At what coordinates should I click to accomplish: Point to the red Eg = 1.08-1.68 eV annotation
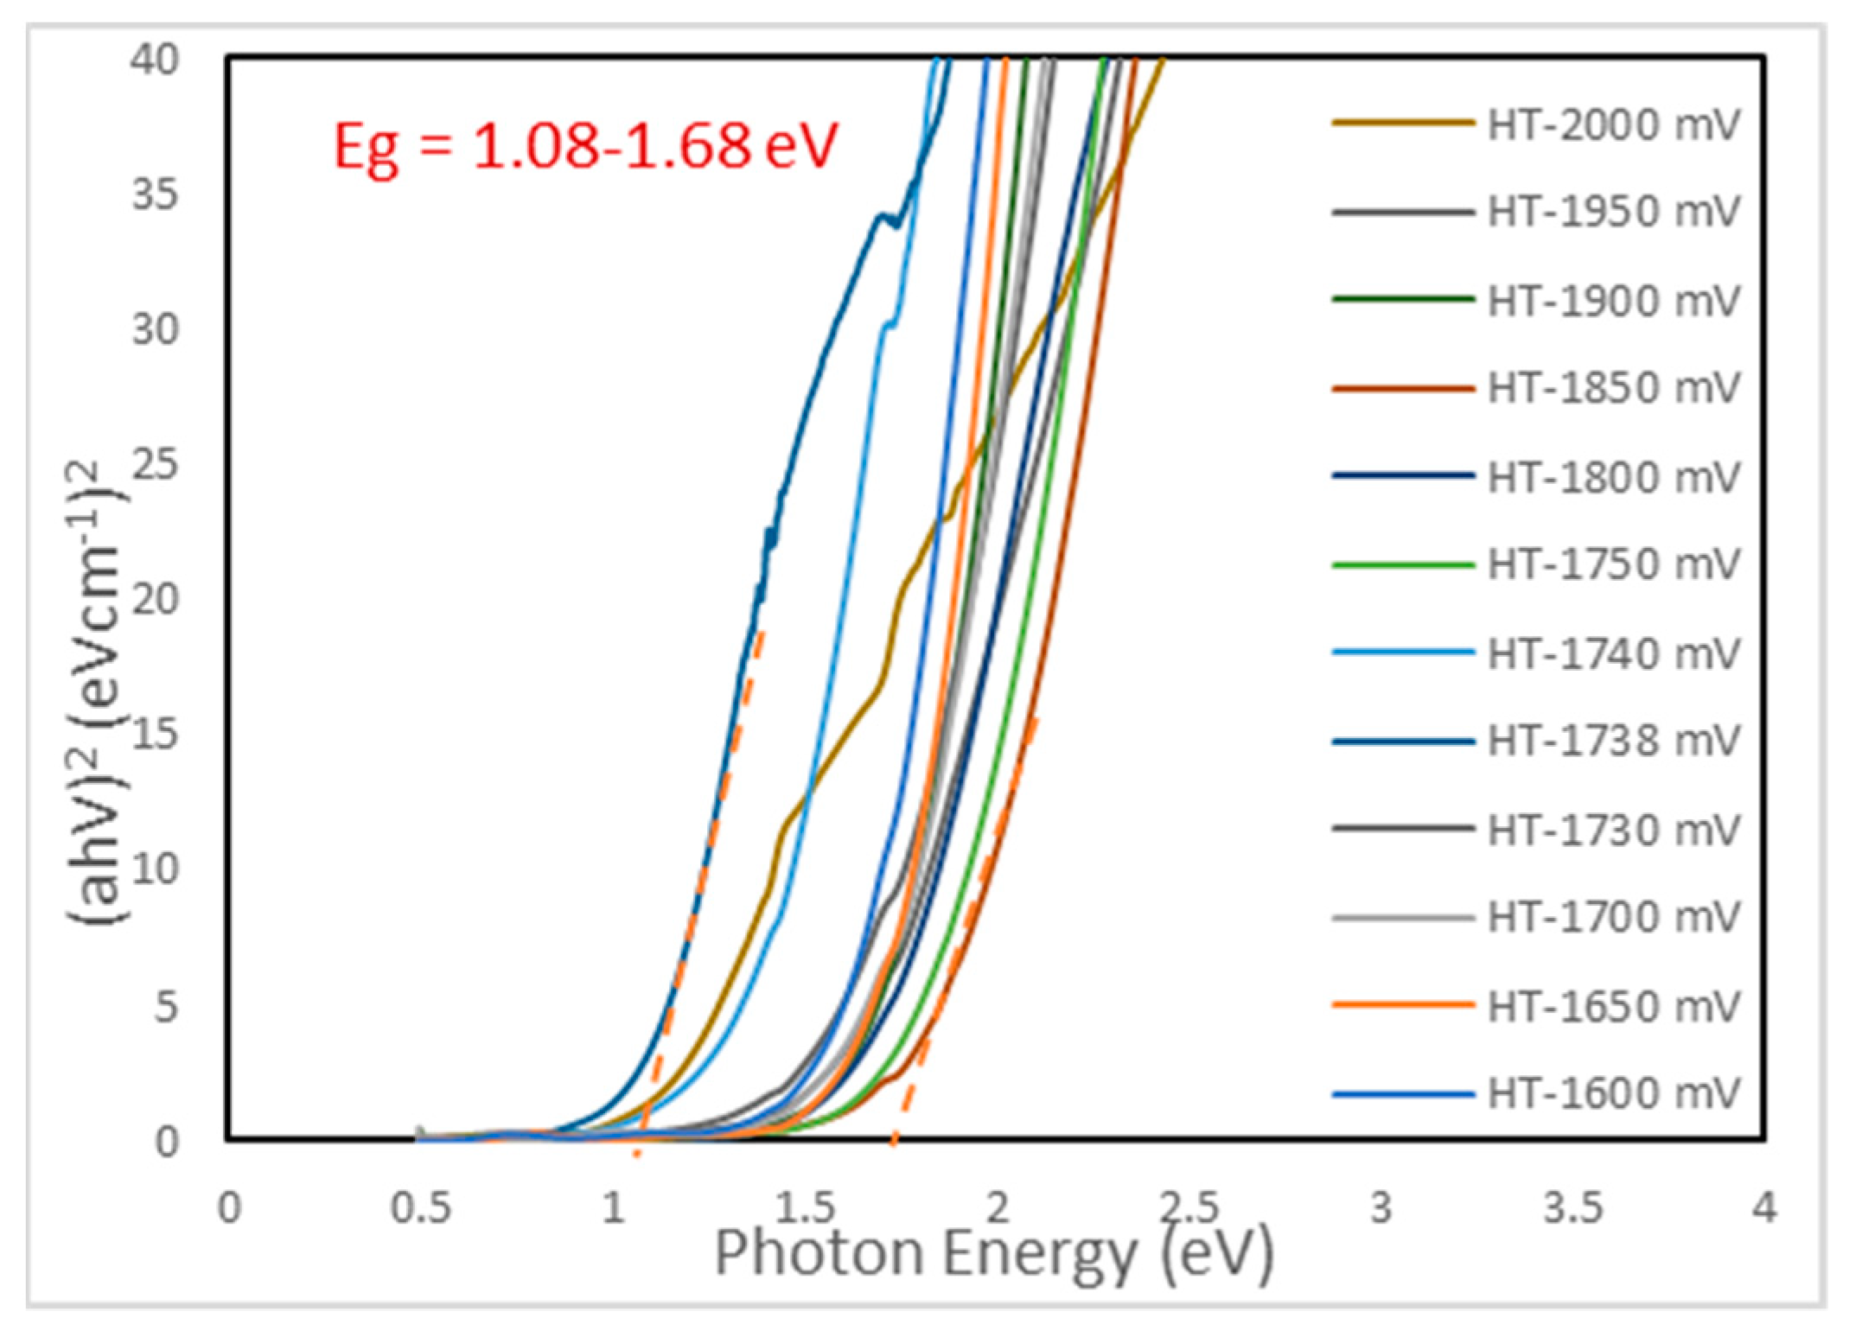(x=586, y=144)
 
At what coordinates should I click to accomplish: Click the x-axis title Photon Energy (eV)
(x=994, y=1254)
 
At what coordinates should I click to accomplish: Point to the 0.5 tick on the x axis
(x=421, y=1208)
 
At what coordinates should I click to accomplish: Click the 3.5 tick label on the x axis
(x=1573, y=1208)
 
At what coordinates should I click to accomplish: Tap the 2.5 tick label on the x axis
(x=1189, y=1208)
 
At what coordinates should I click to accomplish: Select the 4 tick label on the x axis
(x=1764, y=1208)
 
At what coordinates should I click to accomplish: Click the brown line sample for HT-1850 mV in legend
(x=1402, y=388)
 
